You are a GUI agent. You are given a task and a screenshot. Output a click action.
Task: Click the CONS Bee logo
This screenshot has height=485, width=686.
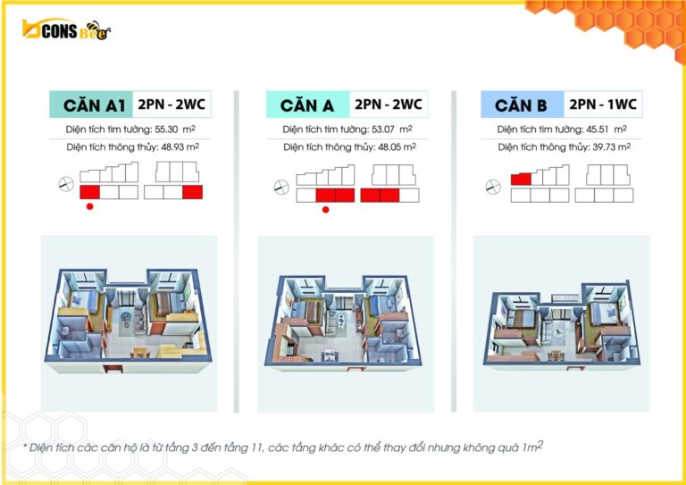pyautogui.click(x=67, y=30)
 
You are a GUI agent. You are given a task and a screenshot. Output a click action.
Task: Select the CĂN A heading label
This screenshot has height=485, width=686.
pyautogui.click(x=307, y=105)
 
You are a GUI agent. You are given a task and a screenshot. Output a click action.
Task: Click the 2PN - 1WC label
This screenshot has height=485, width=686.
pyautogui.click(x=603, y=105)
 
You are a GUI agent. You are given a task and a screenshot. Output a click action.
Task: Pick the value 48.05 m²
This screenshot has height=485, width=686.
pyautogui.click(x=403, y=146)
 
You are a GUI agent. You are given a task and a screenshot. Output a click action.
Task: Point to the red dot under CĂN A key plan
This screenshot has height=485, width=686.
pyautogui.click(x=325, y=210)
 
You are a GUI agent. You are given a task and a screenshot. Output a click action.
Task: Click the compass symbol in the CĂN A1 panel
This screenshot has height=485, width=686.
pyautogui.click(x=64, y=184)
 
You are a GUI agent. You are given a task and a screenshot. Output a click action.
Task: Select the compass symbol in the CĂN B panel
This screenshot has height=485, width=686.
pyautogui.click(x=491, y=187)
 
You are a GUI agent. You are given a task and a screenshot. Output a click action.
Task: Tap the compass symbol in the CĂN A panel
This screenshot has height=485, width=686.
pyautogui.click(x=281, y=188)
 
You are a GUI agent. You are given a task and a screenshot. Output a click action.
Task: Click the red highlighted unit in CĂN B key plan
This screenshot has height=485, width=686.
pyautogui.click(x=521, y=180)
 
